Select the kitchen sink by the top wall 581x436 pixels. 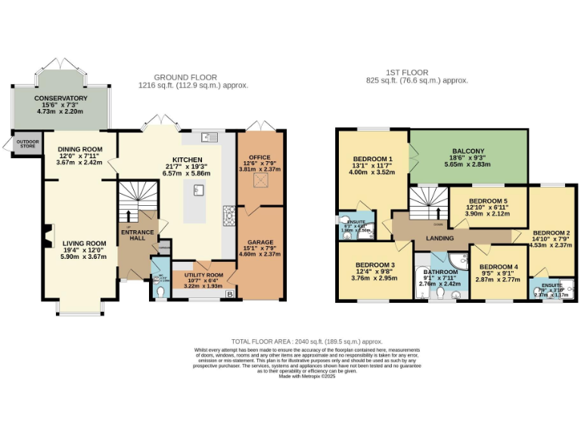(209, 137)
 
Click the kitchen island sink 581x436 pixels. (198, 191)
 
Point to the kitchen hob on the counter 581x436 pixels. (228, 216)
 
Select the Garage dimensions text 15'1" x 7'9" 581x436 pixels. (259, 251)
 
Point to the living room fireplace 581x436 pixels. (47, 236)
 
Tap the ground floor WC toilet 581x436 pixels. (159, 288)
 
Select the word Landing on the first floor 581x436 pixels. (440, 238)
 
